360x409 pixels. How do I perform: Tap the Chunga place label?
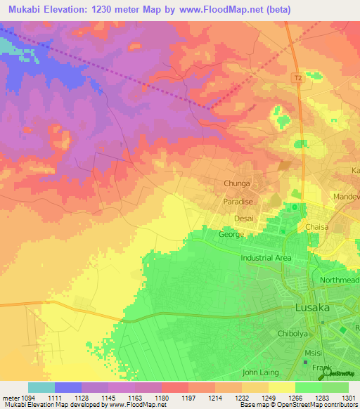coord(237,185)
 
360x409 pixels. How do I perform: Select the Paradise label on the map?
coord(238,201)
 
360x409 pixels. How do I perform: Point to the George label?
coord(231,234)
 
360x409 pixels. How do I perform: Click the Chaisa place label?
coord(318,227)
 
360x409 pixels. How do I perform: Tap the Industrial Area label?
coord(266,258)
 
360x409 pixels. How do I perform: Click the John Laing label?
coord(260,372)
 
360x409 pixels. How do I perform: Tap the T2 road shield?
coord(298,78)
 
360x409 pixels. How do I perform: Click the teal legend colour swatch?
coord(41,387)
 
